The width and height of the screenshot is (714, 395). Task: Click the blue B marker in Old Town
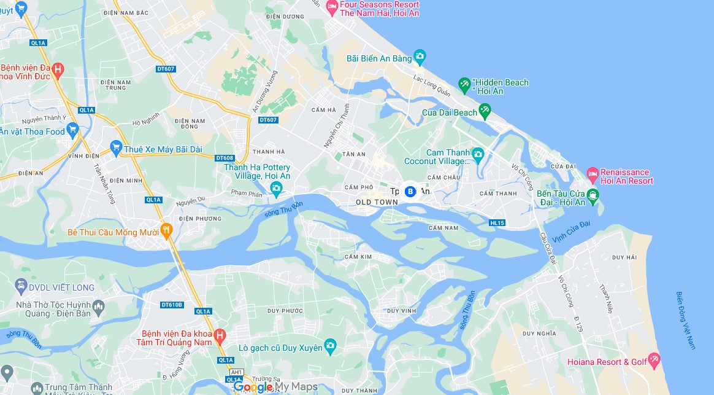tap(410, 191)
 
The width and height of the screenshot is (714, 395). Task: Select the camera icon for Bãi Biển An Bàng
tap(420, 58)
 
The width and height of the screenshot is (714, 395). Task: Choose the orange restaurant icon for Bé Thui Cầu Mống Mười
tap(165, 231)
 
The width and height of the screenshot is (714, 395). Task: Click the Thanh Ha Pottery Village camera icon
tap(276, 188)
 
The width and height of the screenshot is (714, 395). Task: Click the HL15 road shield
tap(497, 222)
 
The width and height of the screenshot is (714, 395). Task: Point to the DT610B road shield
tap(172, 305)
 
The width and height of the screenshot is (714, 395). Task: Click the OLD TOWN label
tap(377, 202)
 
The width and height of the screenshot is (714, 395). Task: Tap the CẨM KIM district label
tap(358, 256)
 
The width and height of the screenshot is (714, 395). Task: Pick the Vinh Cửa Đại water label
tap(570, 231)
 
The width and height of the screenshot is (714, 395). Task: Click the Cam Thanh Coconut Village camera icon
tap(478, 154)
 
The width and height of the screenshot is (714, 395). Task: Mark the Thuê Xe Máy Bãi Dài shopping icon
tap(115, 147)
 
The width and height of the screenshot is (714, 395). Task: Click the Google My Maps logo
tap(275, 386)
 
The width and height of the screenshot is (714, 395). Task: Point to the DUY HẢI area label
tap(624, 257)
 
